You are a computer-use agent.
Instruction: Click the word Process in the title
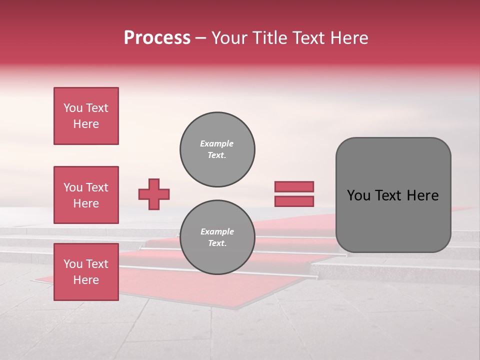pyautogui.click(x=157, y=38)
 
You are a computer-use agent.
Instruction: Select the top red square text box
pyautogui.click(x=86, y=116)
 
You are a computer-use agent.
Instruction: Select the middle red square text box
pyautogui.click(x=86, y=195)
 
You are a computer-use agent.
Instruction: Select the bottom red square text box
pyautogui.click(x=86, y=272)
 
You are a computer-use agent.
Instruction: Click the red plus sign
pyautogui.click(x=154, y=194)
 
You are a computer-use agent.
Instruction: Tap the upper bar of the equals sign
pyautogui.click(x=294, y=186)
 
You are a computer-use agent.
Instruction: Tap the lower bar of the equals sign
pyautogui.click(x=294, y=201)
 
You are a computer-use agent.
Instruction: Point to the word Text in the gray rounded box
pyautogui.click(x=388, y=195)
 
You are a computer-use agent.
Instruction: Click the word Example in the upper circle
pyautogui.click(x=217, y=143)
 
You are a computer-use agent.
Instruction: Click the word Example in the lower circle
pyautogui.click(x=217, y=231)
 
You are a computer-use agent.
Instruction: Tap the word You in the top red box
pyautogui.click(x=73, y=108)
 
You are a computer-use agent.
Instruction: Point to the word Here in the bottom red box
pyautogui.click(x=86, y=280)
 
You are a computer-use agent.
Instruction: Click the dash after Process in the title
pyautogui.click(x=201, y=38)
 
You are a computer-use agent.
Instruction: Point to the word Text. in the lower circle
pyautogui.click(x=217, y=243)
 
